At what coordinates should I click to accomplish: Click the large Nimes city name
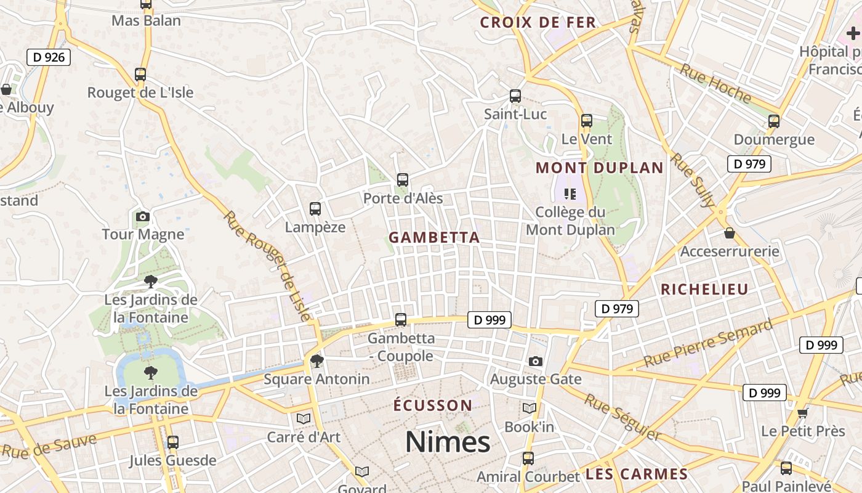[x=448, y=442]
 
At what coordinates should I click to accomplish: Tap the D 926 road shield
[x=49, y=57]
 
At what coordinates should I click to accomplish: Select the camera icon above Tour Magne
[x=142, y=216]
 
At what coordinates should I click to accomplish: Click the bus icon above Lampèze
[x=315, y=209]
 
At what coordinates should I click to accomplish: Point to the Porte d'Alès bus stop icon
[x=403, y=180]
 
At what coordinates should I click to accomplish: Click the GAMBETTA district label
[x=434, y=237]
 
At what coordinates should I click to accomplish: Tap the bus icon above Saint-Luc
[x=515, y=96]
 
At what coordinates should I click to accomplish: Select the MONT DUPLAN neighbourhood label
[x=599, y=168]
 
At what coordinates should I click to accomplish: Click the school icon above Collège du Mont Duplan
[x=570, y=194]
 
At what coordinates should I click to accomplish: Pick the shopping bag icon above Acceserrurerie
[x=730, y=233]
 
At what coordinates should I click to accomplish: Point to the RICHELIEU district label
[x=704, y=289]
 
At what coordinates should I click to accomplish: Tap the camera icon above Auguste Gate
[x=536, y=361]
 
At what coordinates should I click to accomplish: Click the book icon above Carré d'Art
[x=304, y=418]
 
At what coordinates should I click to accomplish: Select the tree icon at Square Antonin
[x=317, y=361]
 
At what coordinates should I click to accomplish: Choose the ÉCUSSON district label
[x=433, y=405]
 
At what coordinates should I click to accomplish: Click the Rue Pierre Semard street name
[x=708, y=343]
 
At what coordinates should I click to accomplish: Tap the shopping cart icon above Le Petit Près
[x=802, y=413]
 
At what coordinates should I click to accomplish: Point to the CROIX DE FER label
[x=538, y=23]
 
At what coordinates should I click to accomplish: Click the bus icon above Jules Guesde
[x=173, y=442]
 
